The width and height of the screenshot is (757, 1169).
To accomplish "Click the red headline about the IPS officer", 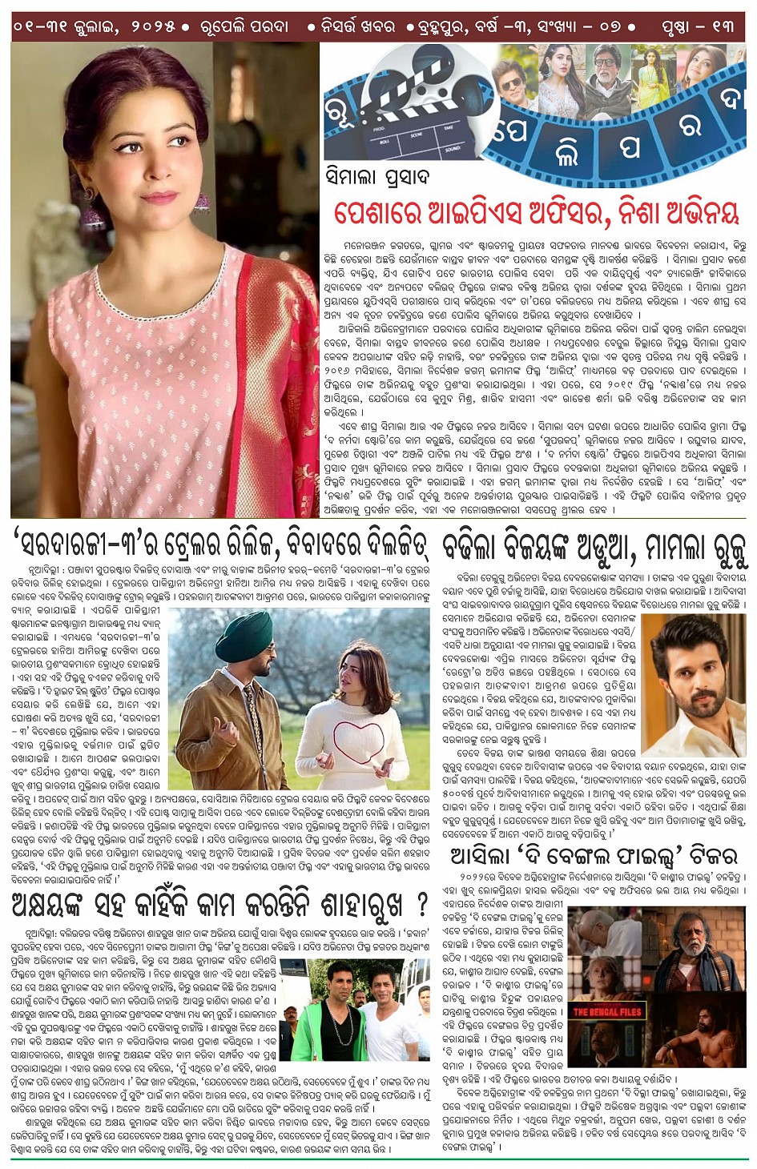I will pyautogui.click(x=535, y=214).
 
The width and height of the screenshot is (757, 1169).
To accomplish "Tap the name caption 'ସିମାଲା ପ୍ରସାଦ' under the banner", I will pyautogui.click(x=376, y=177).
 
